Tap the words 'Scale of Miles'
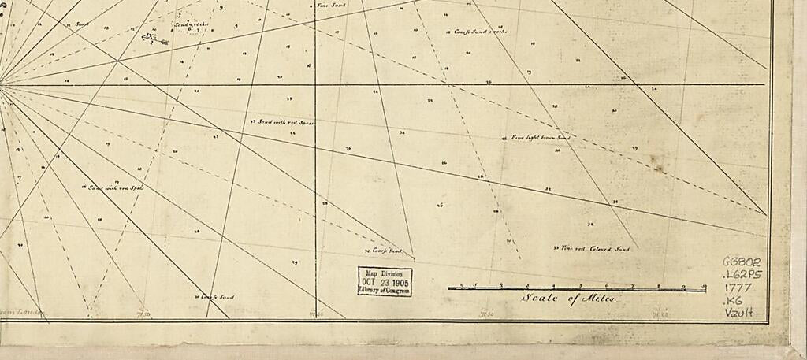coord(567,299)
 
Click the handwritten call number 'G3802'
coord(741,262)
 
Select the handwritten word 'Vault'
coord(739,312)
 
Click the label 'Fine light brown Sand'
coord(540,137)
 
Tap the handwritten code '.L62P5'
coord(742,275)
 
